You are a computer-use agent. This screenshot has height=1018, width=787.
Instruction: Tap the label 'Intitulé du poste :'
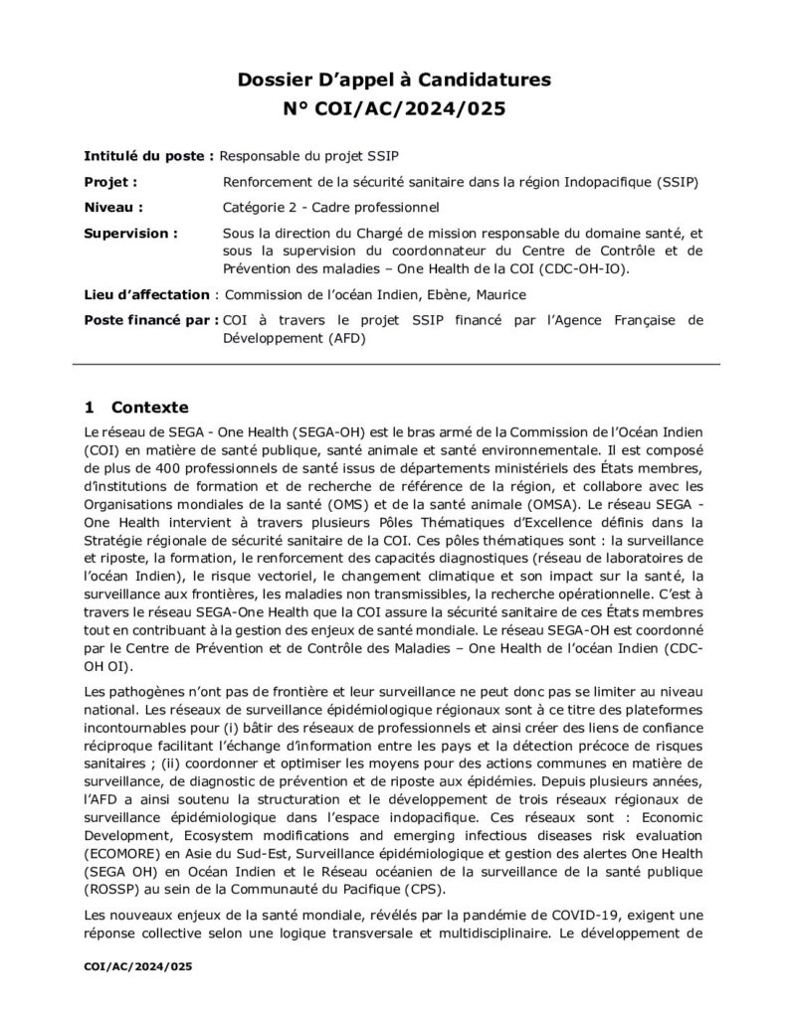(x=148, y=157)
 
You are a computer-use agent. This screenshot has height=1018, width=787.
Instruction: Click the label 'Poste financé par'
(x=149, y=320)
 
